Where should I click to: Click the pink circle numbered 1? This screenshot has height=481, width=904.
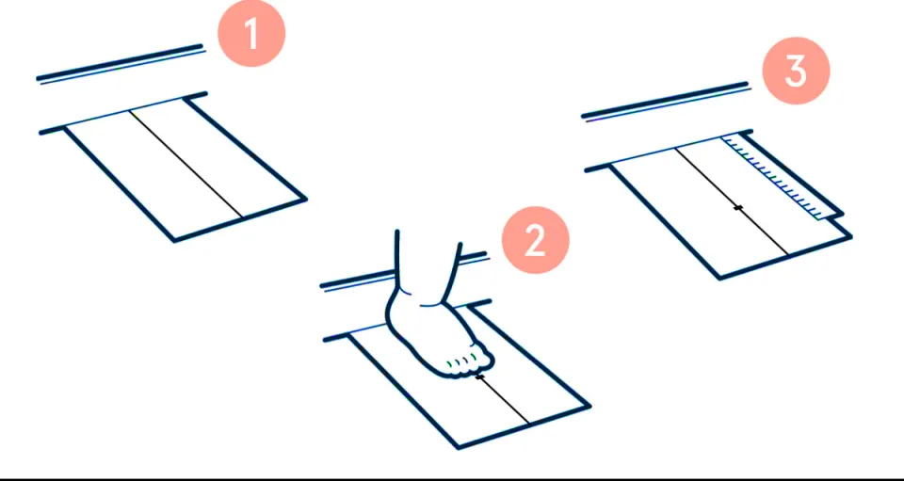[251, 33]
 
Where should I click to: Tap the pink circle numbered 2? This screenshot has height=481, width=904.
[536, 240]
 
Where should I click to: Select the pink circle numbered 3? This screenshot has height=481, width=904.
[797, 71]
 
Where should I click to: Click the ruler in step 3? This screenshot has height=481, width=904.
[780, 177]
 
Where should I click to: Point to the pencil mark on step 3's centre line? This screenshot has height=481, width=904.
[738, 207]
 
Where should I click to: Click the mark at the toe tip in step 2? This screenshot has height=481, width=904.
[479, 377]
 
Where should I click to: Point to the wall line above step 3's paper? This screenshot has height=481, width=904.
[667, 102]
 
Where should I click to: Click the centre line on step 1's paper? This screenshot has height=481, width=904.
[186, 163]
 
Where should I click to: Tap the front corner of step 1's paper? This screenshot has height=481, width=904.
[174, 241]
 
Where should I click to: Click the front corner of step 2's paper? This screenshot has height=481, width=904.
[459, 447]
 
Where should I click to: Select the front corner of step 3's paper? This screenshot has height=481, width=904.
[718, 279]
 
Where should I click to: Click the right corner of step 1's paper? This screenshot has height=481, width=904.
[305, 200]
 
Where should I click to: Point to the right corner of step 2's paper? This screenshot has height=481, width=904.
[589, 406]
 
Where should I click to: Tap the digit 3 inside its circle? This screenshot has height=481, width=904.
[797, 72]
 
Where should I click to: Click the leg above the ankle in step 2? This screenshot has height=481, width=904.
[428, 253]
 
